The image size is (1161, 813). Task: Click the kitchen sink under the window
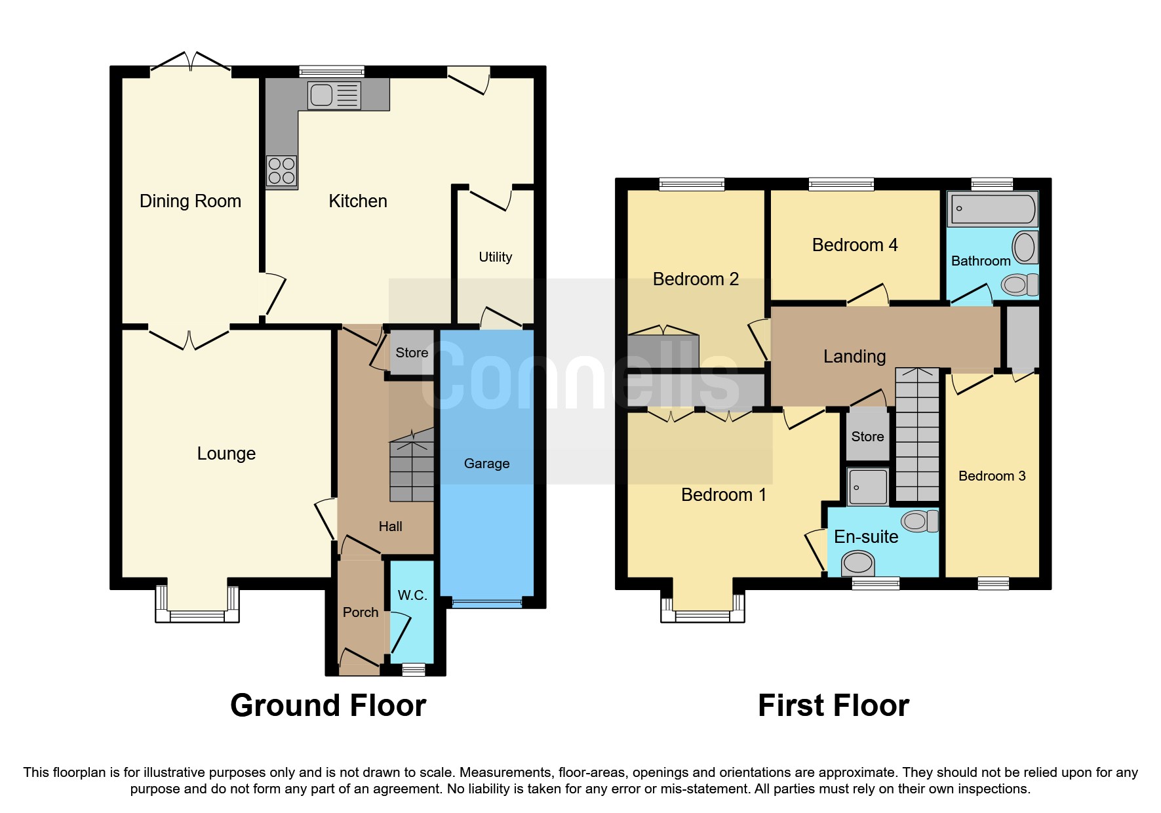click(x=334, y=96)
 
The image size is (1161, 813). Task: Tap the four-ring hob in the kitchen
click(x=281, y=171)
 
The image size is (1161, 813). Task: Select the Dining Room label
click(x=190, y=201)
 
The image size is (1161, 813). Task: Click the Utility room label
click(x=495, y=257)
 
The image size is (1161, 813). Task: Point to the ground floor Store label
click(x=412, y=353)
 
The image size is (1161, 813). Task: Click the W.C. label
click(x=412, y=595)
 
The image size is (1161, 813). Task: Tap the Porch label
click(x=361, y=612)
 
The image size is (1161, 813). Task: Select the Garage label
click(x=486, y=464)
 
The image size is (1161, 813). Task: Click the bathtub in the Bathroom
click(x=993, y=209)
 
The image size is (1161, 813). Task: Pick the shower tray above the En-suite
click(x=867, y=486)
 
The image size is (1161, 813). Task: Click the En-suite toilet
click(x=919, y=521)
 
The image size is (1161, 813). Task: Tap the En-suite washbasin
click(x=857, y=563)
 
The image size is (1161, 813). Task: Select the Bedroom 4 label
click(x=854, y=245)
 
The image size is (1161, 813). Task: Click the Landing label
click(x=854, y=357)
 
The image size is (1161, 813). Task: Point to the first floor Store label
click(x=867, y=437)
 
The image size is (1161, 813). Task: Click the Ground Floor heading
click(x=328, y=706)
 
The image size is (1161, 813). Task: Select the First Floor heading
click(x=833, y=706)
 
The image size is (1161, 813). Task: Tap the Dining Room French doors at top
click(x=190, y=63)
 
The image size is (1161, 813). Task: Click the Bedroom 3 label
click(x=991, y=476)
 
